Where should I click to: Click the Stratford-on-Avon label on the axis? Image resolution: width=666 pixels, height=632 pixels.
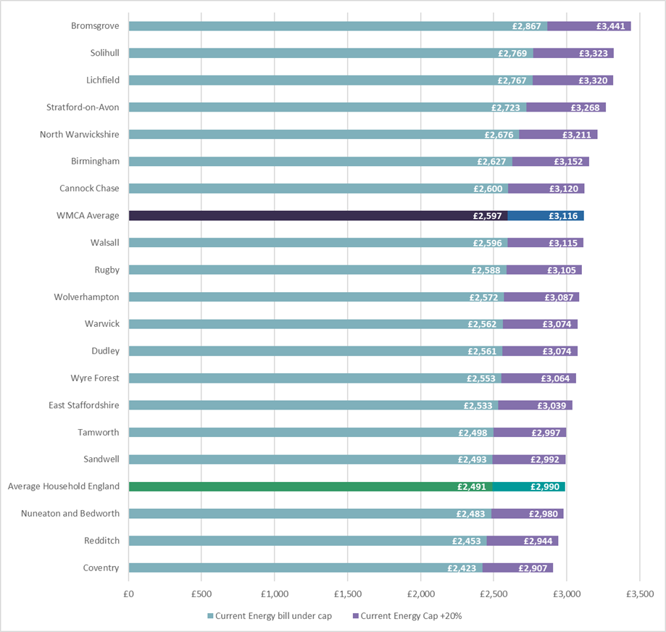point(83,107)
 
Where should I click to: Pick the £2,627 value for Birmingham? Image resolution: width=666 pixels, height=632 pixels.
point(491,161)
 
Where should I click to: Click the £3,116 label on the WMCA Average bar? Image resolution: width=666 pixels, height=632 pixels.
point(563,215)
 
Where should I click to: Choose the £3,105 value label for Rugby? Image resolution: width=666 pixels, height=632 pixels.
point(562,270)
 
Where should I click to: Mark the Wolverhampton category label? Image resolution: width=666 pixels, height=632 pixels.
point(86,296)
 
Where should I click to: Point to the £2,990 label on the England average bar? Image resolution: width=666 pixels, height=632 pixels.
point(545,486)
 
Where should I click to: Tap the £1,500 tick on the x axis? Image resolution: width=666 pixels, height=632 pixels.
point(348,593)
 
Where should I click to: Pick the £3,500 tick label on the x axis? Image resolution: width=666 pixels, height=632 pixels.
point(639,593)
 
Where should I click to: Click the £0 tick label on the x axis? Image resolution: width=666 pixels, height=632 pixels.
point(129,593)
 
